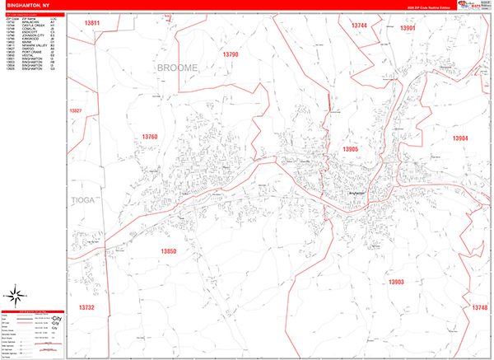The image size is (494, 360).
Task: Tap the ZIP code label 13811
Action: tap(93, 22)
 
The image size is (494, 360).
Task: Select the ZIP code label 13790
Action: tap(230, 54)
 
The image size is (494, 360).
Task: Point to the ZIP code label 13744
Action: tap(359, 26)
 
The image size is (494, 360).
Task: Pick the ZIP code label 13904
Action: tap(459, 138)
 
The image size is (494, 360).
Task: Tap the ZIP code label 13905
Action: tap(351, 149)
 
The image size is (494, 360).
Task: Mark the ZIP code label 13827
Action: tap(76, 110)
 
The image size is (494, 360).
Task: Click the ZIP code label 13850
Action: tap(168, 250)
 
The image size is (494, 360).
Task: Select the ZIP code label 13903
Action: tap(395, 282)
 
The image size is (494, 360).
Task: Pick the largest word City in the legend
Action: tap(57, 317)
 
